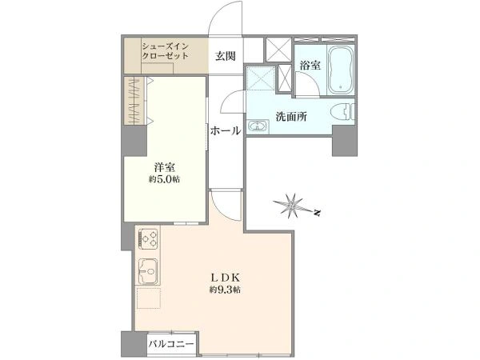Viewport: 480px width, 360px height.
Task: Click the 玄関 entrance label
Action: (226, 56)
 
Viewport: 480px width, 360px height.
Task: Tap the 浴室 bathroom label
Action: (310, 66)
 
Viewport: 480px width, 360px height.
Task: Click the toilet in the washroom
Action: (343, 112)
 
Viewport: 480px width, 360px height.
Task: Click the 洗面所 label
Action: (291, 117)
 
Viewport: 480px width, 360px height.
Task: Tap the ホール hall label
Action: (226, 130)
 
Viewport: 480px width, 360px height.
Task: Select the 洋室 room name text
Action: (164, 167)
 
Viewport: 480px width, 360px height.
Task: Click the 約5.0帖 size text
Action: (164, 179)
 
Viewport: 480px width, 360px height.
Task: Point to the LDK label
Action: (225, 278)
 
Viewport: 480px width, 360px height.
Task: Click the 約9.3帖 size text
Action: (225, 290)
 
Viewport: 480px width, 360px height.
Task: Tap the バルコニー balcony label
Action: (171, 344)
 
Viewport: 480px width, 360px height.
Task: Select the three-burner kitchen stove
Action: (148, 238)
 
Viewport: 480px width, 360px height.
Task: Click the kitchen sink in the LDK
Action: (148, 271)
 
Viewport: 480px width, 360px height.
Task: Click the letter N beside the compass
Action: (318, 213)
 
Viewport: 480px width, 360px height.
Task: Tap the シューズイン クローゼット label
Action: (166, 51)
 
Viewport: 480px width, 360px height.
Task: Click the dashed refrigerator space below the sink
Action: (149, 298)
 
